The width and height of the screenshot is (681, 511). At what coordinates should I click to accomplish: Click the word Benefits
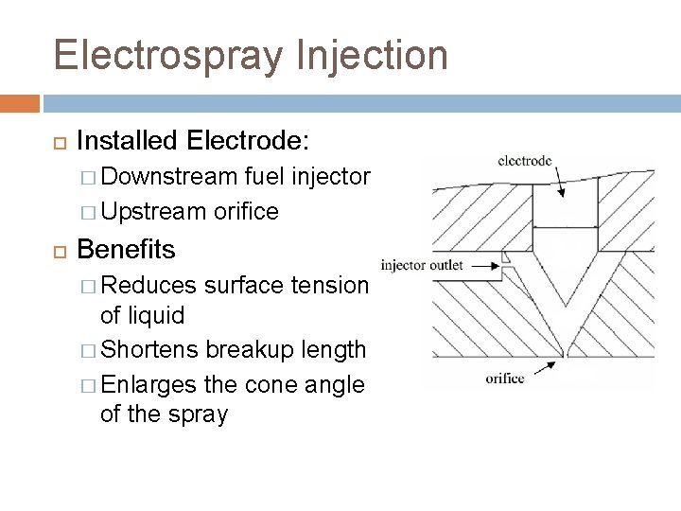click(x=126, y=250)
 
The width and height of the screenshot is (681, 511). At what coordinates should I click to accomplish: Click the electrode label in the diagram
click(x=525, y=162)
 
